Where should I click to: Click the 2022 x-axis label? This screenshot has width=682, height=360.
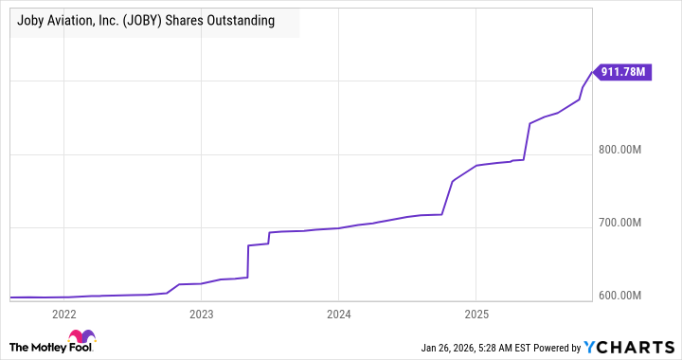click(63, 315)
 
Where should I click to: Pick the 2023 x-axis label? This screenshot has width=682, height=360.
click(201, 315)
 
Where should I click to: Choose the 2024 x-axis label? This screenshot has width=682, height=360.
click(338, 315)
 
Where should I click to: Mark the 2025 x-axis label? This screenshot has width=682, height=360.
click(476, 315)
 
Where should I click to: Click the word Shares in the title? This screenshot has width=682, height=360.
click(194, 21)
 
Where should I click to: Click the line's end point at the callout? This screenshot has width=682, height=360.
click(592, 71)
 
